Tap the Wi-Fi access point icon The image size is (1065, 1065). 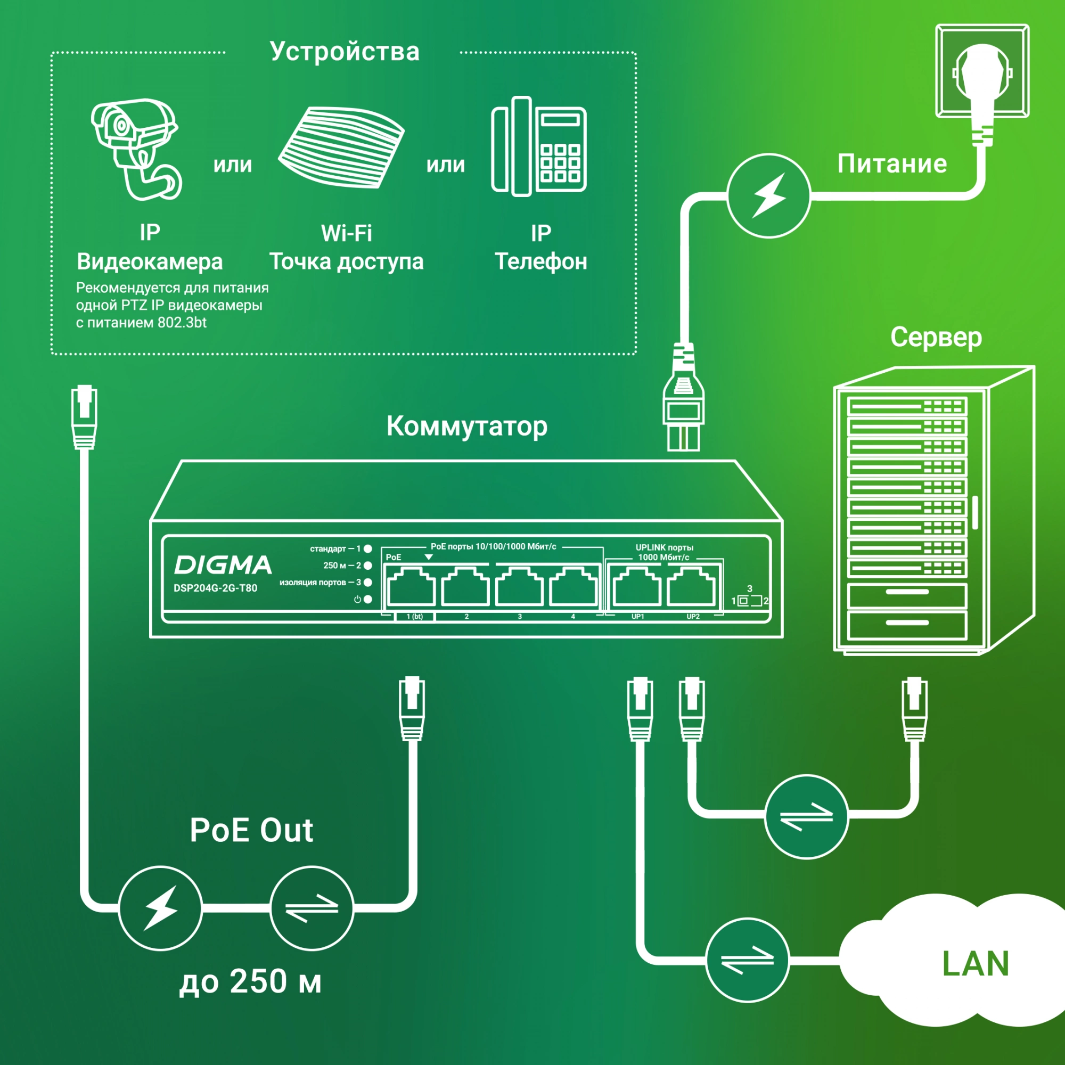pyautogui.click(x=341, y=147)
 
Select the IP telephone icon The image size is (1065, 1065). pyautogui.click(x=538, y=146)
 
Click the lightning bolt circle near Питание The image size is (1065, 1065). pyautogui.click(x=768, y=195)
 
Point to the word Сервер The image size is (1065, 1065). pyautogui.click(x=936, y=337)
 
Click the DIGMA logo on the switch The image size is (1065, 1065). pyautogui.click(x=223, y=565)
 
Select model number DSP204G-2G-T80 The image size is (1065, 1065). pyautogui.click(x=215, y=588)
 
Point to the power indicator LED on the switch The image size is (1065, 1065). pyautogui.click(x=367, y=599)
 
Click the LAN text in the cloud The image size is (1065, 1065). pyautogui.click(x=975, y=964)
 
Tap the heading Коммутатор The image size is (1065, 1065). pyautogui.click(x=467, y=426)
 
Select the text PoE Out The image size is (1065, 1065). pyautogui.click(x=251, y=830)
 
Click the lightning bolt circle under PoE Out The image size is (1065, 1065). pyautogui.click(x=160, y=908)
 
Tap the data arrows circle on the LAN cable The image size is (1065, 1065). pyautogui.click(x=748, y=960)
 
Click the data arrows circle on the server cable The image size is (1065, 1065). pyautogui.click(x=806, y=817)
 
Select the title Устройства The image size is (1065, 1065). pyautogui.click(x=345, y=51)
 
